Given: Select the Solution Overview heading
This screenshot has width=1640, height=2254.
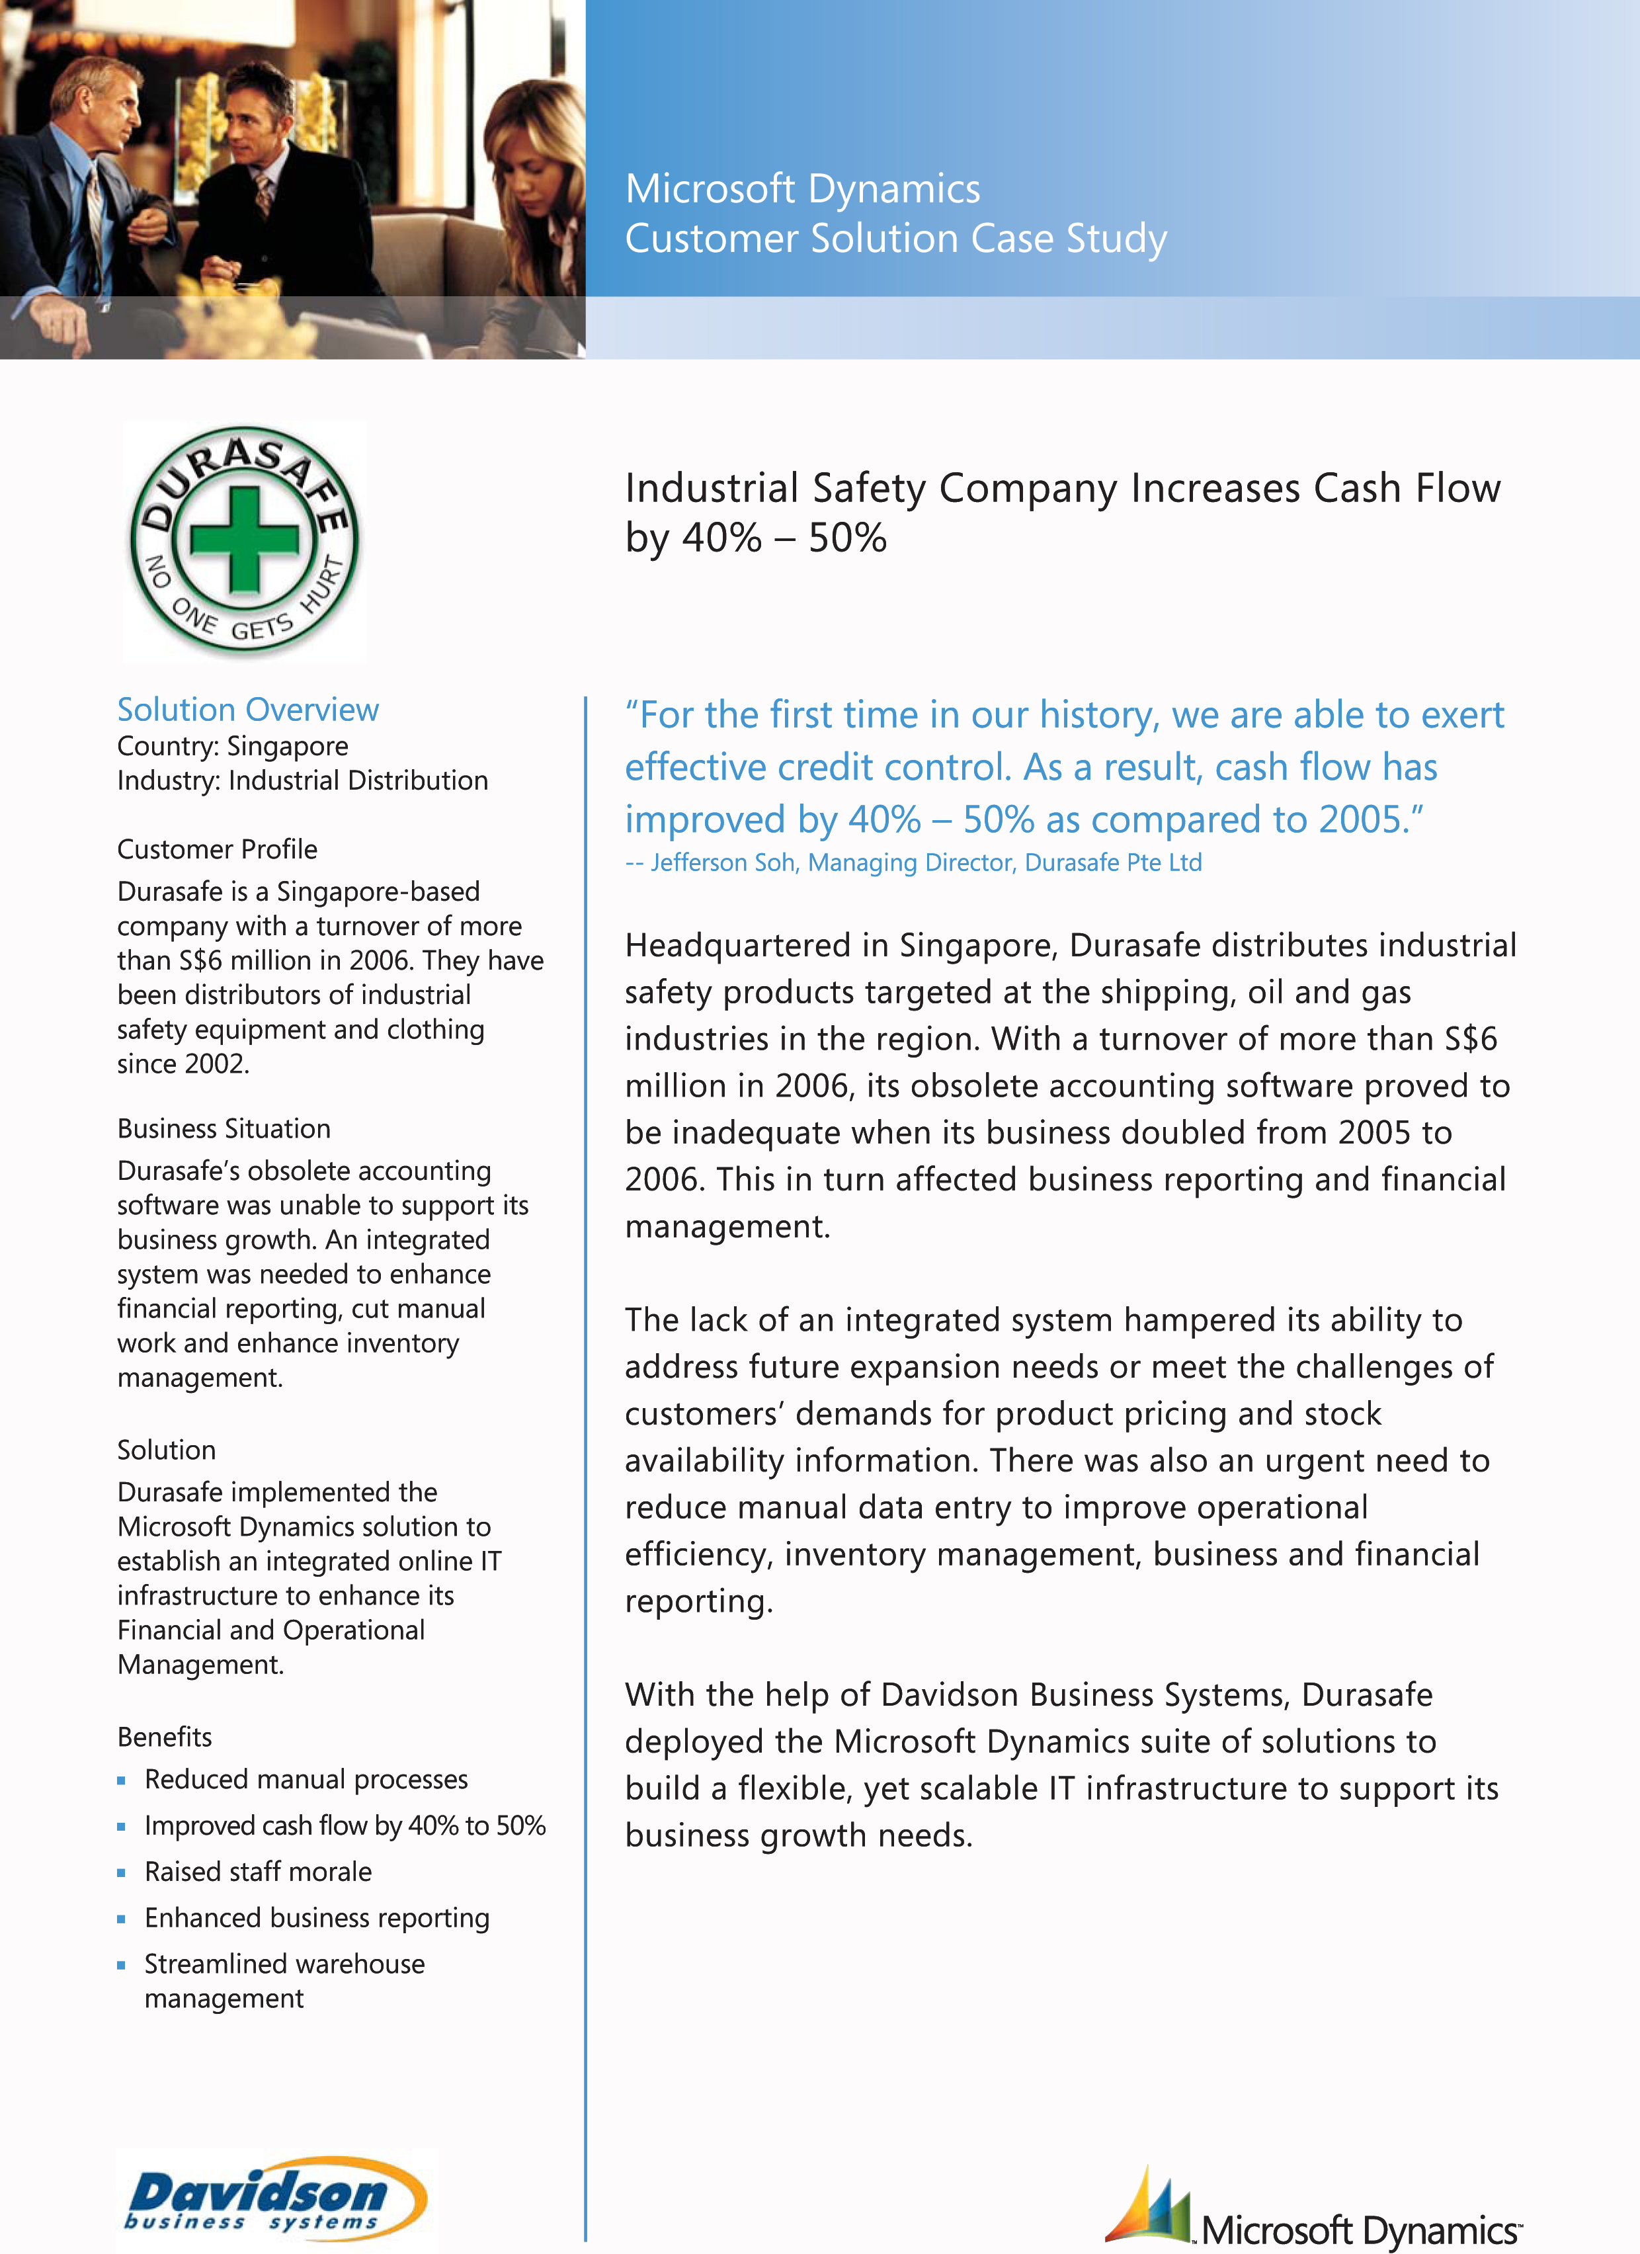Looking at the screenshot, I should [x=247, y=710].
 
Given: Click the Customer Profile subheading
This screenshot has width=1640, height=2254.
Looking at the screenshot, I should [x=217, y=849].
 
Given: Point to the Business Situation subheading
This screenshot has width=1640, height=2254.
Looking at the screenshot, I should [x=224, y=1128].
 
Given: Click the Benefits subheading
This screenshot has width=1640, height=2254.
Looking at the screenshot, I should [x=164, y=1736].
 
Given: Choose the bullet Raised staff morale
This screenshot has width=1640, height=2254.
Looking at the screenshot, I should [x=257, y=1871].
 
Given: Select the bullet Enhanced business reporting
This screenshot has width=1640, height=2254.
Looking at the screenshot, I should [x=316, y=1917].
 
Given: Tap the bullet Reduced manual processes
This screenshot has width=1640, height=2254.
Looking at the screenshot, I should [x=305, y=1779].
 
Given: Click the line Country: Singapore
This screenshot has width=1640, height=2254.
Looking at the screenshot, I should [x=233, y=745].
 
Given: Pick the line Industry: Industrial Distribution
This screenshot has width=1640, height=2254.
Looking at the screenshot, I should [x=302, y=780].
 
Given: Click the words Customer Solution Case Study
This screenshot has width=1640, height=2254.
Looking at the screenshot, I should [x=895, y=239].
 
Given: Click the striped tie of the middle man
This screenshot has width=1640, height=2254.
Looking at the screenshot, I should [x=263, y=193].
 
